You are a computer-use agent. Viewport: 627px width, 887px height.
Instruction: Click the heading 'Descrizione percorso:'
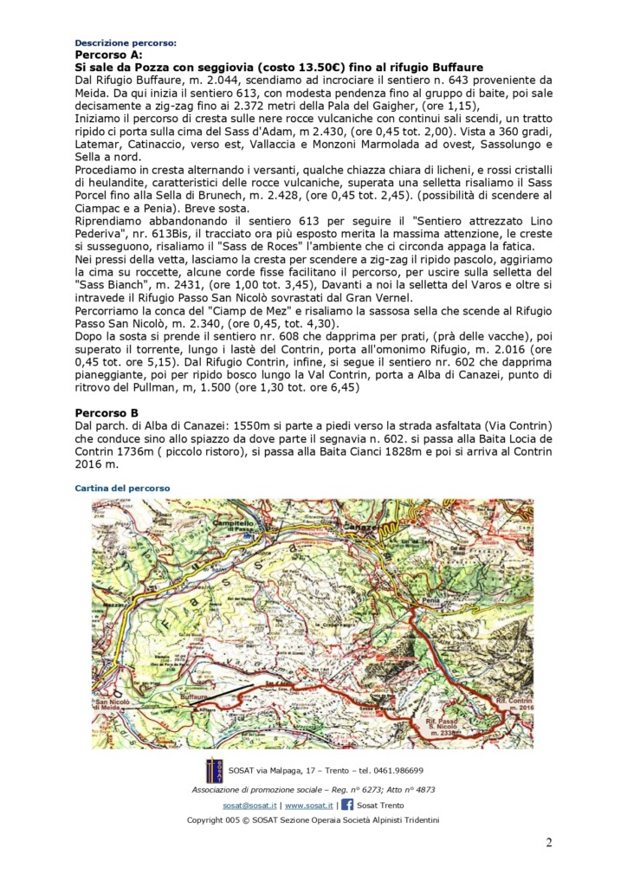click(126, 42)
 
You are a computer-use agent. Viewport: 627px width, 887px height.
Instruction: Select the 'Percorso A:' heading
click(107, 54)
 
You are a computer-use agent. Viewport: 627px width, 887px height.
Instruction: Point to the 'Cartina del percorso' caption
click(122, 489)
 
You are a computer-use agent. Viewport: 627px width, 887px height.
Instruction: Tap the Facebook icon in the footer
click(347, 805)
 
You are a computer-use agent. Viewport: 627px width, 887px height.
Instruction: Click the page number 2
click(548, 843)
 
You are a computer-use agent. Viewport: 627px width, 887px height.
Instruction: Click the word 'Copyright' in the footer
click(207, 820)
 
